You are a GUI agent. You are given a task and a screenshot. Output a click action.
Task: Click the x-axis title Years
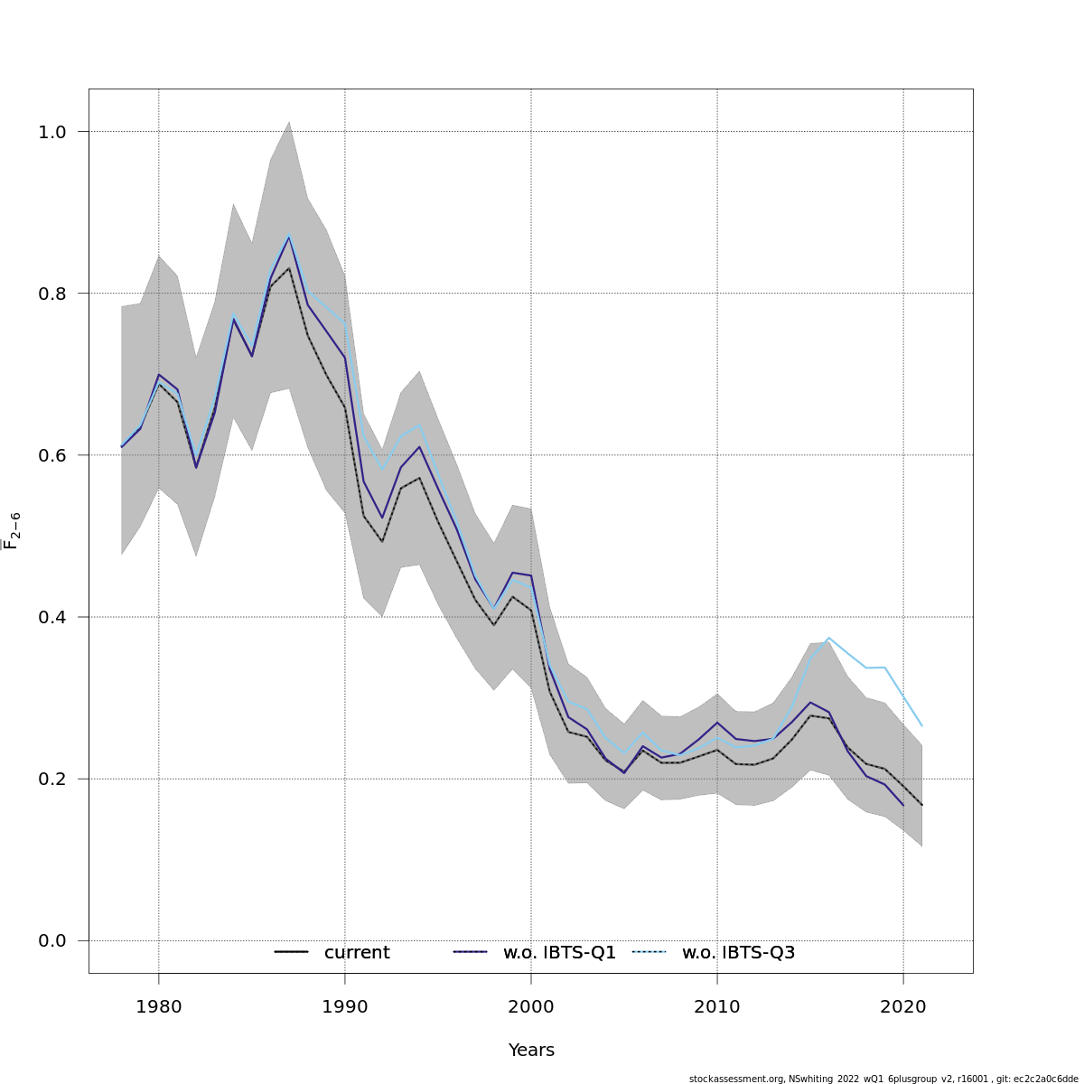531,1051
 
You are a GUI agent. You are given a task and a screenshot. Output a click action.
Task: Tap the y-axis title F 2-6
12,531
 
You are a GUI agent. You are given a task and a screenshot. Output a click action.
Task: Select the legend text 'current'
357,953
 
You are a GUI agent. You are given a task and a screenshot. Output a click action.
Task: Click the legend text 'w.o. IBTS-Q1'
559,953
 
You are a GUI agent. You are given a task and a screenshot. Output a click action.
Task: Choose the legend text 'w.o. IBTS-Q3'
738,953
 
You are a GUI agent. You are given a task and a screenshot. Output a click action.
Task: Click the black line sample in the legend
291,952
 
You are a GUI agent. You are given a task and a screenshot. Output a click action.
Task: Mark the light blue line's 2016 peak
829,638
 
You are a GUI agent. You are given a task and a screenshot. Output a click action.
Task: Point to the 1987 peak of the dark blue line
289,237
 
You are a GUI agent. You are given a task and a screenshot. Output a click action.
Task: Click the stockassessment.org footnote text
883,1079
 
